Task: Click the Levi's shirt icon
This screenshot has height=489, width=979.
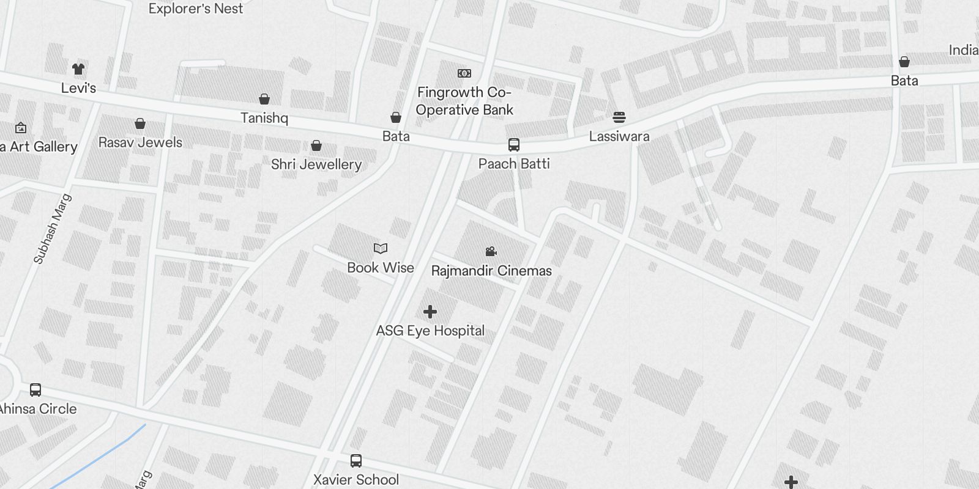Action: point(78,69)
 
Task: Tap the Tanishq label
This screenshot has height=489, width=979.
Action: point(264,118)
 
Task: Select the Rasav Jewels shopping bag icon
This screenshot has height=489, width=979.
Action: point(140,124)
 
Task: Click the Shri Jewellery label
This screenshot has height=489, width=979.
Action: point(316,164)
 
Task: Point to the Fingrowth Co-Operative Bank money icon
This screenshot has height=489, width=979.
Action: point(464,73)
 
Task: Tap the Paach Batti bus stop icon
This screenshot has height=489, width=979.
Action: point(514,145)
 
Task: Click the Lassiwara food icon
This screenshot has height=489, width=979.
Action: point(619,117)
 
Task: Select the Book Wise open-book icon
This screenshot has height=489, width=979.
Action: point(381,248)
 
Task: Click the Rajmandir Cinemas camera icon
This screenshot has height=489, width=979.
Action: point(491,251)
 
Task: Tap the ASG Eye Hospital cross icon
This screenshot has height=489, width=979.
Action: point(430,312)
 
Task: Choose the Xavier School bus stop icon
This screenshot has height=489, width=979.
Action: point(356,461)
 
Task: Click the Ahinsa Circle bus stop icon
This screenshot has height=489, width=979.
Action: point(35,390)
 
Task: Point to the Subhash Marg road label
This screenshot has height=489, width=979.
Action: point(53,229)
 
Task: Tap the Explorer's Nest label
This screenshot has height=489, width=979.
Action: point(196,9)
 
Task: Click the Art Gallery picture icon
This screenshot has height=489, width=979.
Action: point(21,128)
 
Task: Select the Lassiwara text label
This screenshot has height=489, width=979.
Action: point(619,136)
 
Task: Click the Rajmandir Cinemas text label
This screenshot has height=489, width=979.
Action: point(491,271)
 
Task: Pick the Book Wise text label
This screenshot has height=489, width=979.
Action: point(381,268)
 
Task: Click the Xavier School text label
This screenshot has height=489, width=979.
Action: point(356,480)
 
